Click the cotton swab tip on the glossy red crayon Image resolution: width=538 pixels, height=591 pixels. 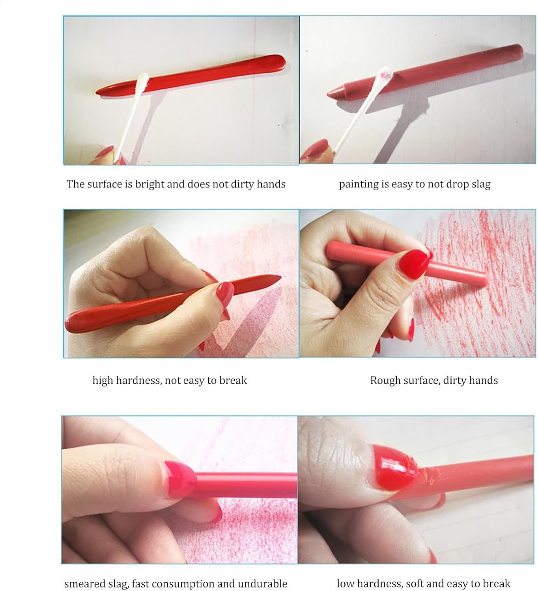[x=143, y=80]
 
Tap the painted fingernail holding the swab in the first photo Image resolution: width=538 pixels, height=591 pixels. [x=105, y=151]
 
